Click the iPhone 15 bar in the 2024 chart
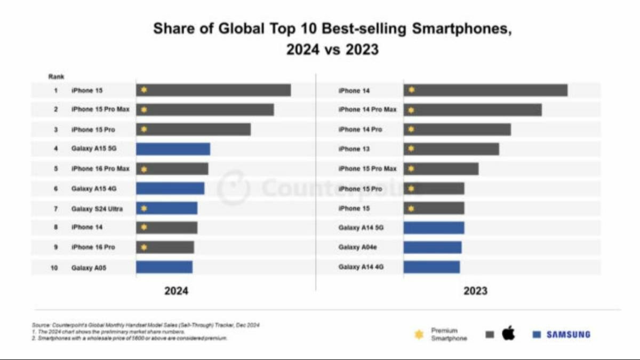213,90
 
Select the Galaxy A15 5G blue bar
173,149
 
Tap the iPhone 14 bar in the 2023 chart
485,90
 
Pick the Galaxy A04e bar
433,247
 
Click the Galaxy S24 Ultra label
97,209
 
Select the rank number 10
54,268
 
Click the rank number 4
55,149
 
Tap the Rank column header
56,77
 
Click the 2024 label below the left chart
176,291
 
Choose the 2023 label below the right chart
475,291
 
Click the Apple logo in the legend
508,334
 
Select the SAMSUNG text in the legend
568,334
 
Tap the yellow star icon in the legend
419,334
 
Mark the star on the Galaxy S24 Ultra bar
143,209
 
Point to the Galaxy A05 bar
164,267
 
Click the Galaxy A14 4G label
361,267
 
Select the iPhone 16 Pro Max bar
172,169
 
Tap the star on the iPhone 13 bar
411,149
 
